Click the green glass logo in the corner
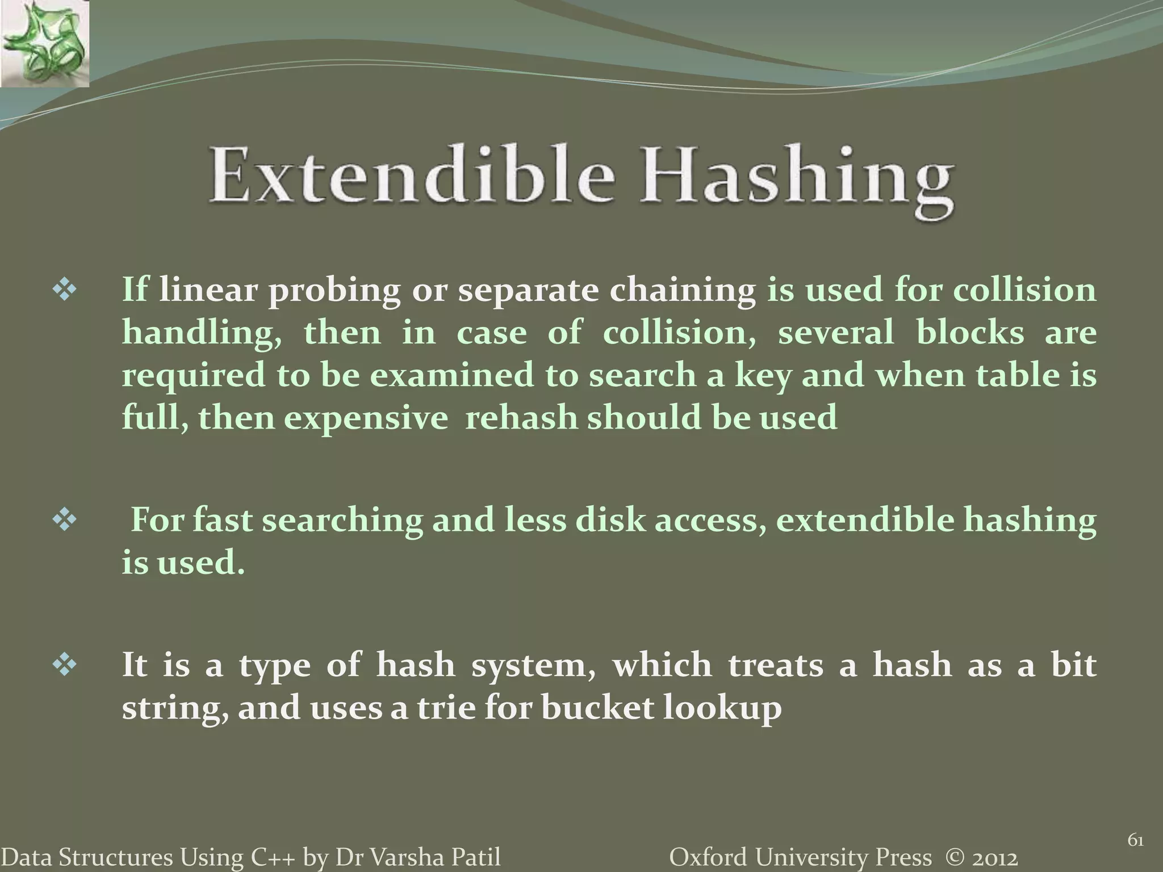click(x=44, y=44)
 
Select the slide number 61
click(x=1135, y=841)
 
